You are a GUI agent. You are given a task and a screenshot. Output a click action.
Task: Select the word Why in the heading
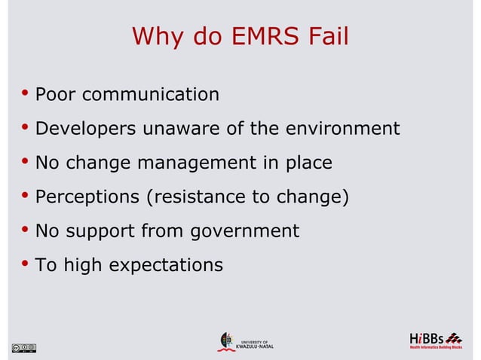coord(156,36)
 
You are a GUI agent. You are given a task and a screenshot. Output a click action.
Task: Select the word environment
coord(342,129)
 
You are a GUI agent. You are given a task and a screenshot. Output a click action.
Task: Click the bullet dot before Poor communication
coord(26,94)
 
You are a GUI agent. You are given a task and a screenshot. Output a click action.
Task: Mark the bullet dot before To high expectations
coord(26,264)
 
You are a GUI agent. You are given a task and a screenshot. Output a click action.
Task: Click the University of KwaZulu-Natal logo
coord(246,342)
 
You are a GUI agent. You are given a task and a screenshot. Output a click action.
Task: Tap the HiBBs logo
coord(436,340)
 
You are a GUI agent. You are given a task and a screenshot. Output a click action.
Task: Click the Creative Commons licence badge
coord(23,347)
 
